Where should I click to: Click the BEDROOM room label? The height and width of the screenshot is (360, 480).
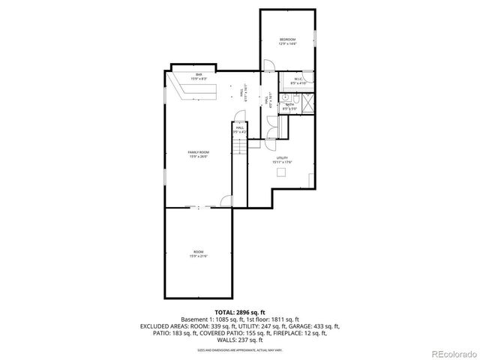pyautogui.click(x=287, y=41)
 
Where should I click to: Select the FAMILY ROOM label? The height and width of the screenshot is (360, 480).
pyautogui.click(x=199, y=154)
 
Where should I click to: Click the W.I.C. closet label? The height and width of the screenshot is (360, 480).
pyautogui.click(x=297, y=80)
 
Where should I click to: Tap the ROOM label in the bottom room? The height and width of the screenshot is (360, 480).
pyautogui.click(x=199, y=253)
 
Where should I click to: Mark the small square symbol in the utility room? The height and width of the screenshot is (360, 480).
pyautogui.click(x=281, y=173)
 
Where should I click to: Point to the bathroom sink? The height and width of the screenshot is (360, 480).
pyautogui.click(x=284, y=97)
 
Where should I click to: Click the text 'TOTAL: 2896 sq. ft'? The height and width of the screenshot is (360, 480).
pyautogui.click(x=240, y=311)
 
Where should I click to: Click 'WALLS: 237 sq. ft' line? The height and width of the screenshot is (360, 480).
pyautogui.click(x=240, y=340)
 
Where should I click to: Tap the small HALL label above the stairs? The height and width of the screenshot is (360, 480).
pyautogui.click(x=240, y=129)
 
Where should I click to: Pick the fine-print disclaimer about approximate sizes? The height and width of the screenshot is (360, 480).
pyautogui.click(x=240, y=349)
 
